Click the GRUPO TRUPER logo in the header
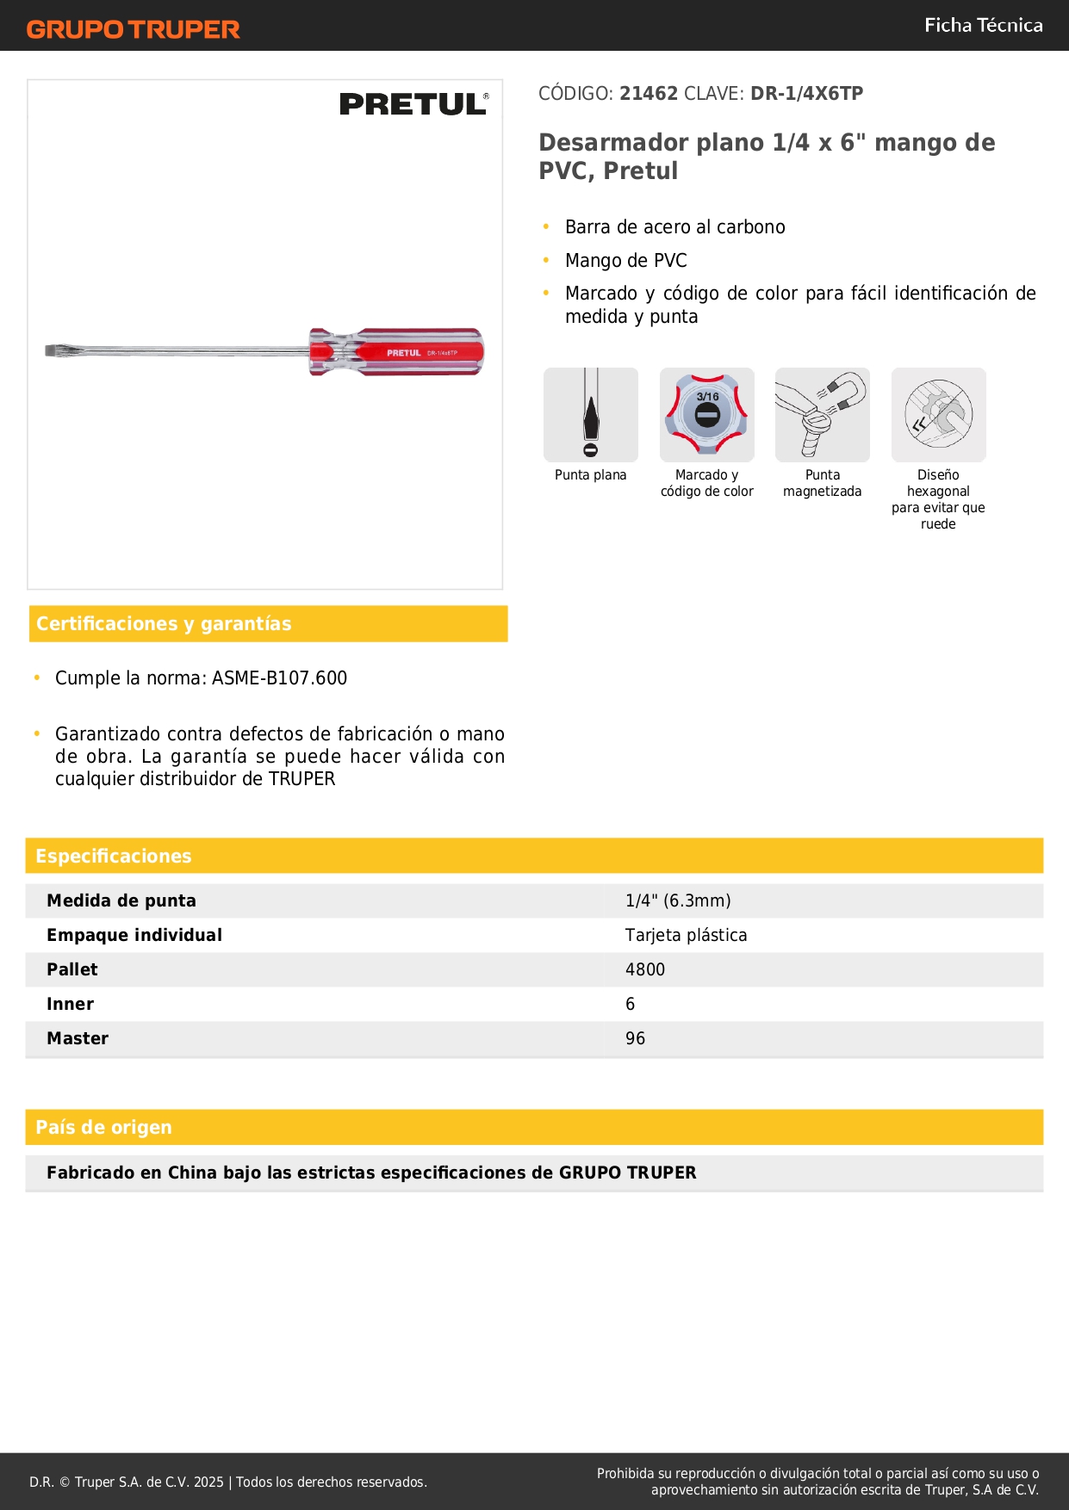tap(133, 29)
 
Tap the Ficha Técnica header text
tap(983, 25)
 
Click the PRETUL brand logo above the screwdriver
tap(413, 104)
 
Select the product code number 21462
tap(649, 94)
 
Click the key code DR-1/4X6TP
tap(806, 94)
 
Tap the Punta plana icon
tap(591, 415)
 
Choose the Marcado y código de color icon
tap(706, 415)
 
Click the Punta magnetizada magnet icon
tap(823, 415)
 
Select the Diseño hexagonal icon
tap(938, 415)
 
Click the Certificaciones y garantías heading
tap(164, 623)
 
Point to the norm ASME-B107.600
tap(279, 678)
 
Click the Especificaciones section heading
tap(114, 856)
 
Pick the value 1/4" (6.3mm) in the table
tap(678, 900)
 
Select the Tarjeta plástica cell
tap(686, 935)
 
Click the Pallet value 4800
tap(645, 969)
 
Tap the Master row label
tap(78, 1038)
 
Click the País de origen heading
tap(103, 1127)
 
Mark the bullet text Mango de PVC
tap(626, 261)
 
